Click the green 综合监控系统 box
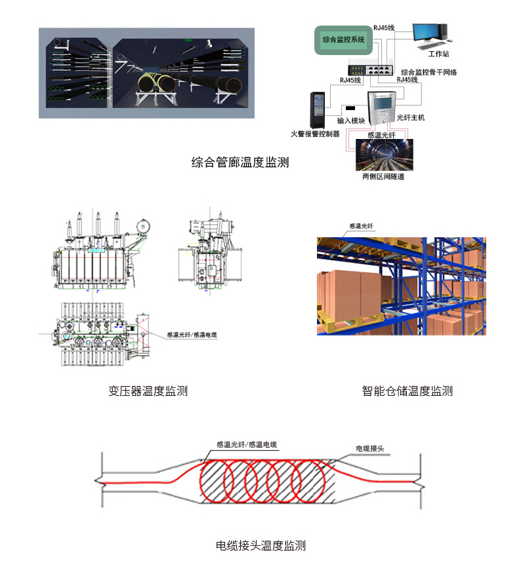coord(343,40)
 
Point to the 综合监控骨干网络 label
coord(429,72)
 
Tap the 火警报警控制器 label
coord(315,134)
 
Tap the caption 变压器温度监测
coord(148,391)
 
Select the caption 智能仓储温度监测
coord(407,391)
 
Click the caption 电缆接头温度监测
coord(261,545)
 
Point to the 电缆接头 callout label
coord(369,448)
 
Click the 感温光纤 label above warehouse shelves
coord(361,225)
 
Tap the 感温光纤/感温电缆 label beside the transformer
coord(192,334)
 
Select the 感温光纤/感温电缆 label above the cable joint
coord(246,444)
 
